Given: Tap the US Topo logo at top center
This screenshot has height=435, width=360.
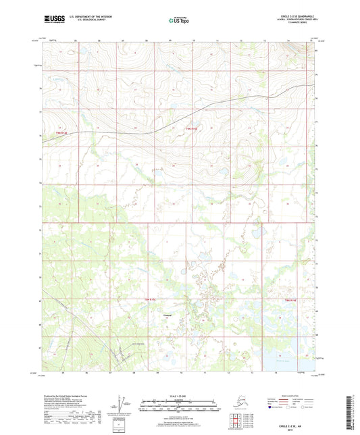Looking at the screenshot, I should click(179, 21).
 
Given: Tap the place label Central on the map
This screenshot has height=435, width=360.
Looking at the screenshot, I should click(168, 314).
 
